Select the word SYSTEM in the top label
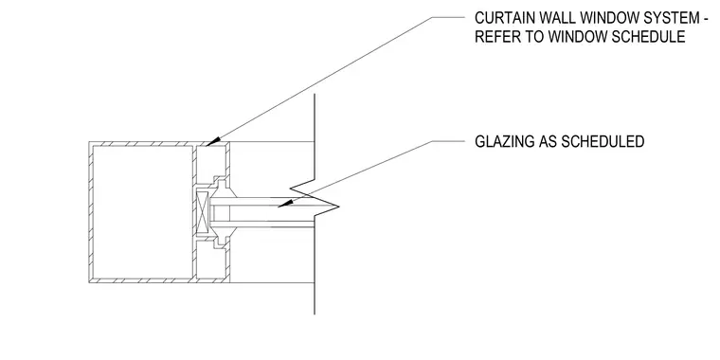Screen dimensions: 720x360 click(666, 18)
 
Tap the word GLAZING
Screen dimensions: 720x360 click(503, 141)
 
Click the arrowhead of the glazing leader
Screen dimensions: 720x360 click(285, 204)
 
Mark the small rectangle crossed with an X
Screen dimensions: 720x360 click(202, 212)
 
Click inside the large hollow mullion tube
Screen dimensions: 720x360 click(143, 212)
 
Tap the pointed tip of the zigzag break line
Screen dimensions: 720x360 click(339, 207)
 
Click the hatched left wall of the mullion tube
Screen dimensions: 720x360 click(91, 212)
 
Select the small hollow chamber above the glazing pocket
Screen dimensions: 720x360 click(210, 162)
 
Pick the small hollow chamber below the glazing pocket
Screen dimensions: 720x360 click(210, 261)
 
